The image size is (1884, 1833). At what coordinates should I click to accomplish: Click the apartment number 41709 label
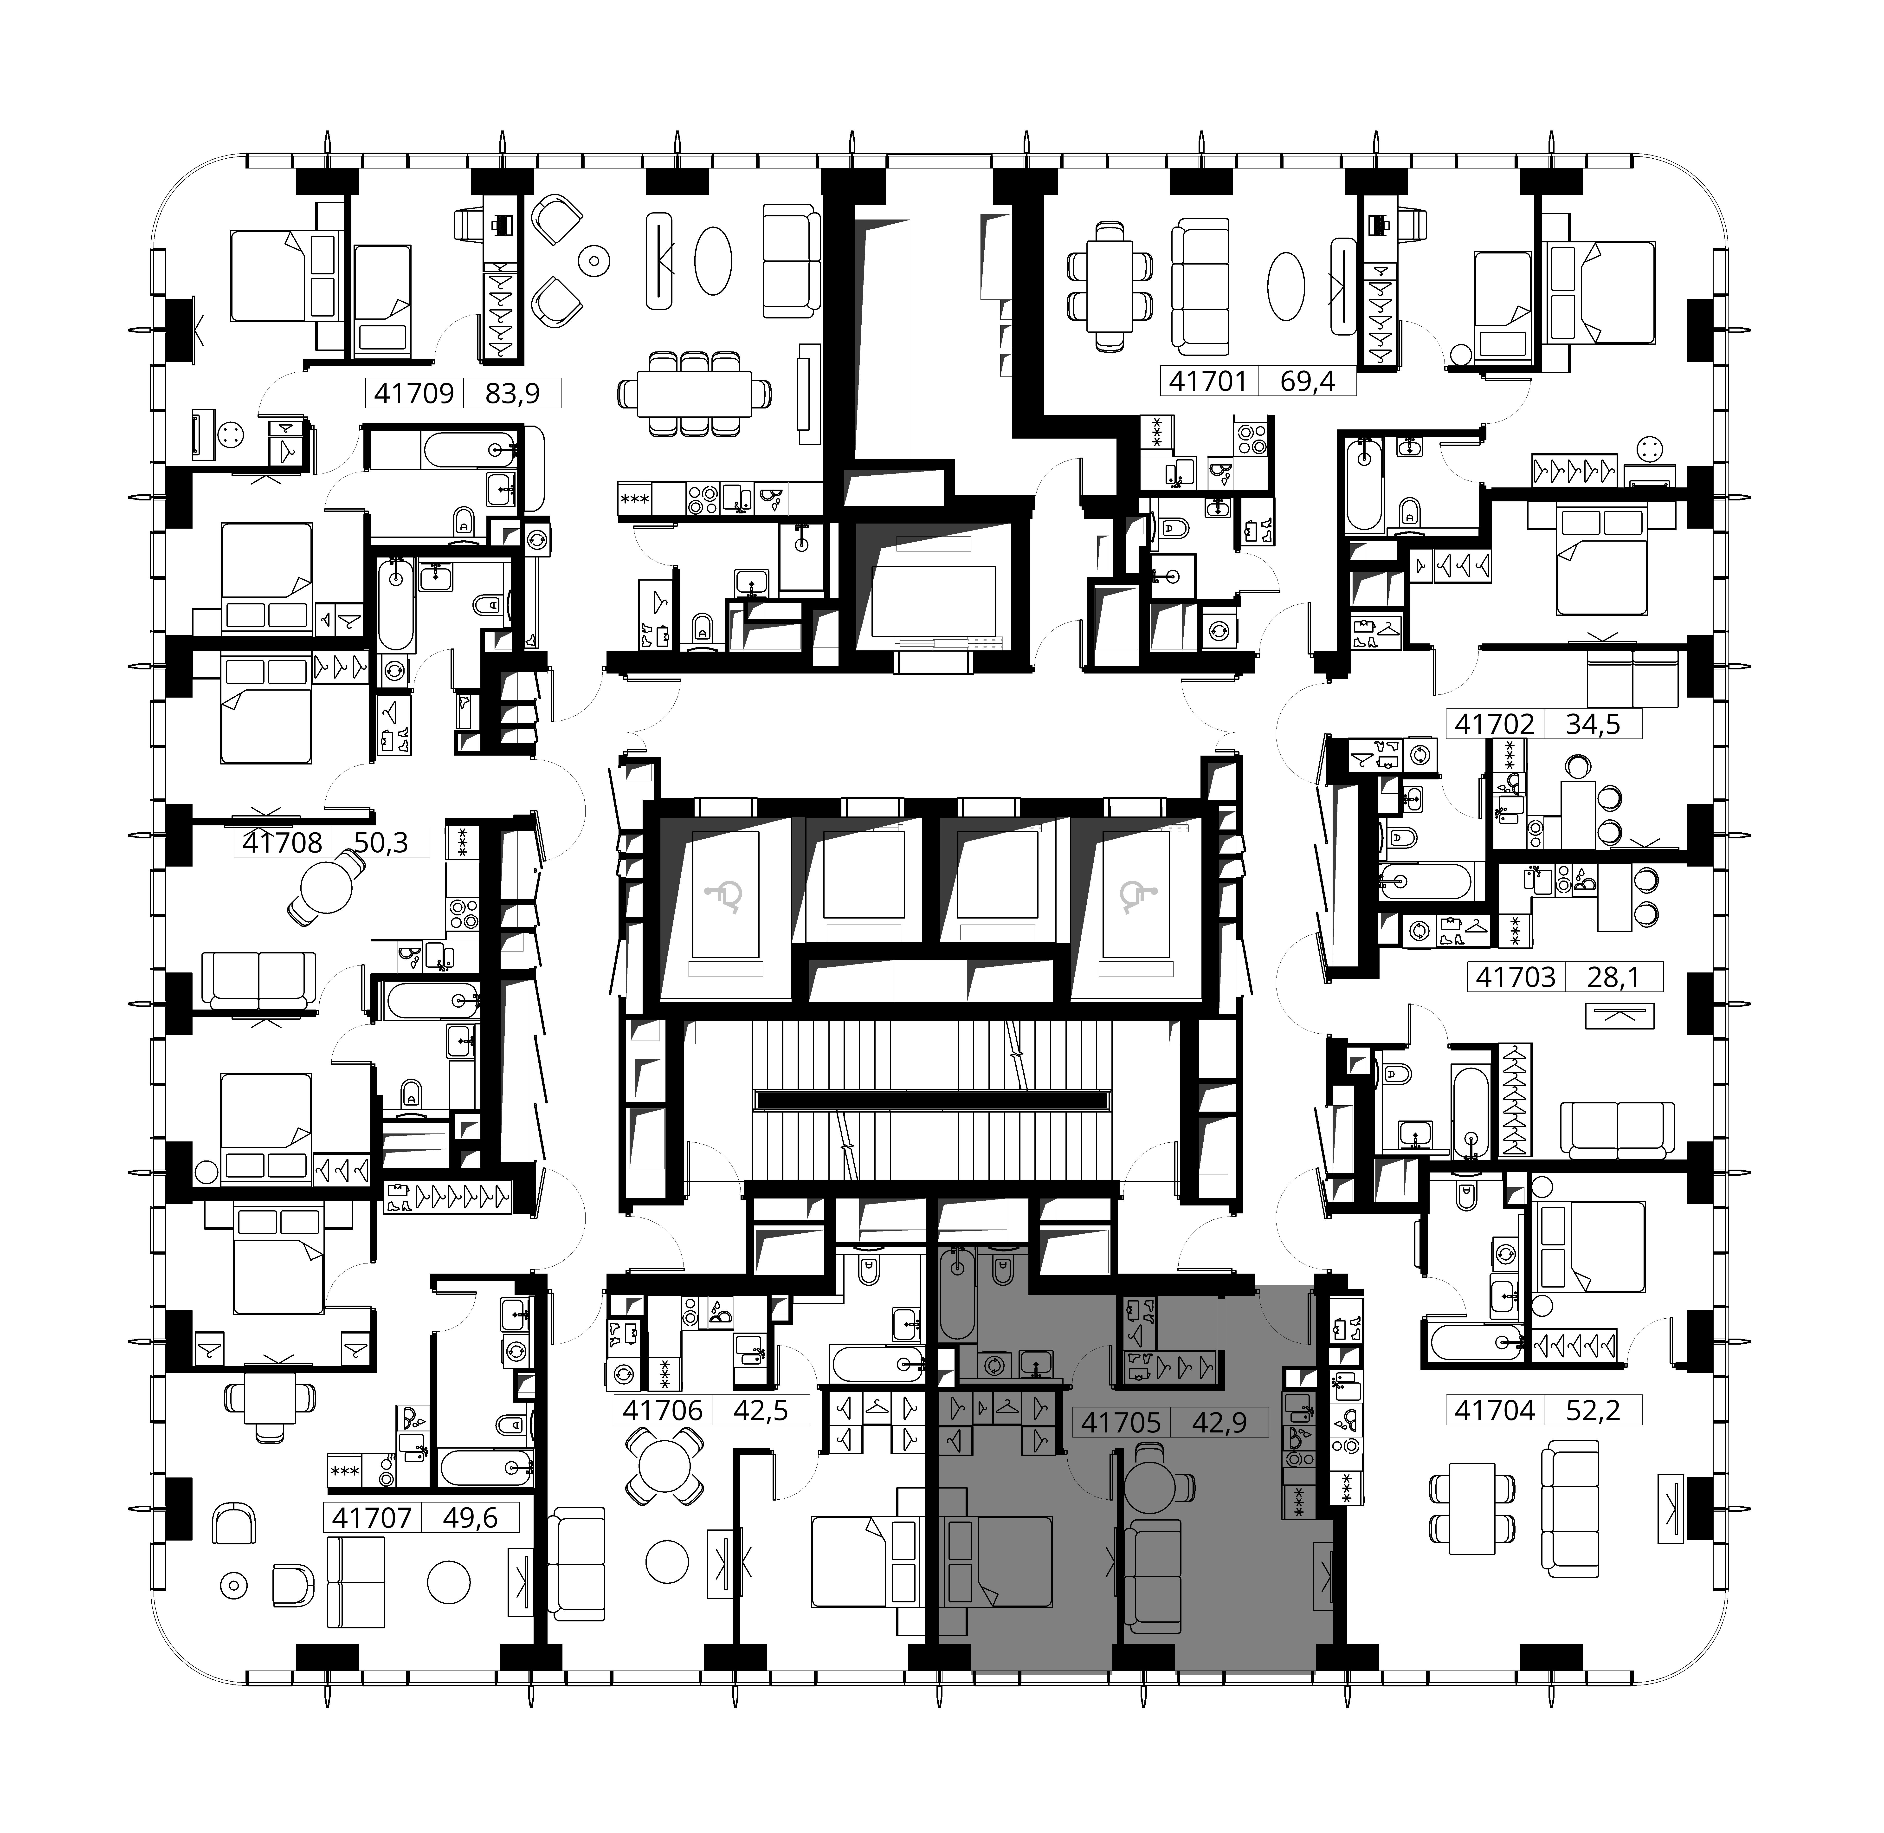414,393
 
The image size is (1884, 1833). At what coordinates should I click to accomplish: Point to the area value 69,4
1307,381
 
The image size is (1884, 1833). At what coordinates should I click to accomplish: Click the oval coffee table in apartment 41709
713,260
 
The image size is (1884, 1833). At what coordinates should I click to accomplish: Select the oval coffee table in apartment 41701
1286,286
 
